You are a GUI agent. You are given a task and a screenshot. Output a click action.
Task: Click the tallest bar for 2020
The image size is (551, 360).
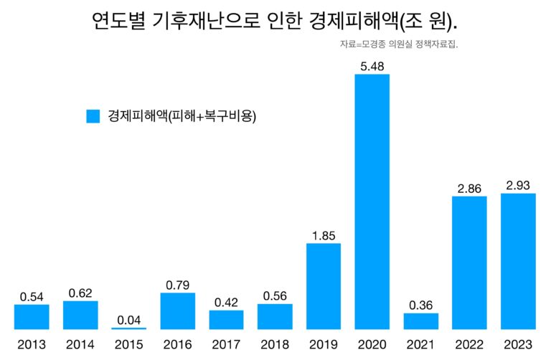pos(372,202)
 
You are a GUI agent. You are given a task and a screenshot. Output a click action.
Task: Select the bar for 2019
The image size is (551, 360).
pos(324,286)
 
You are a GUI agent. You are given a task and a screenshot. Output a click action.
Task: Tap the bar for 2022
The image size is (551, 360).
pos(469,262)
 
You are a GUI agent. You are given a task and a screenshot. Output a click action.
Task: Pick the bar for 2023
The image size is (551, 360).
pos(518,261)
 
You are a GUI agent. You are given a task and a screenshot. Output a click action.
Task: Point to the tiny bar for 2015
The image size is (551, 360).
pos(129,328)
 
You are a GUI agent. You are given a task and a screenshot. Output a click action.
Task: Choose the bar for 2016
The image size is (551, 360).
pos(177,311)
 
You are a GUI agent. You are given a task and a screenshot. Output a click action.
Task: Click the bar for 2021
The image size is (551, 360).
pos(421,321)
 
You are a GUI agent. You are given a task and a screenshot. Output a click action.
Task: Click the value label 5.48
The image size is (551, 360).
pos(372,65)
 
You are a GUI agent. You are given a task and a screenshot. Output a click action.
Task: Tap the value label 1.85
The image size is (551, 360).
pos(324,235)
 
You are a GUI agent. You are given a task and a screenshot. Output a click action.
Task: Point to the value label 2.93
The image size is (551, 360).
pos(518,185)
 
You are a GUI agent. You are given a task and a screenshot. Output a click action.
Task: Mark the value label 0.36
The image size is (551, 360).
pos(421,304)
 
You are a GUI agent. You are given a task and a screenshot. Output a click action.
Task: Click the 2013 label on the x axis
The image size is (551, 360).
pos(32,345)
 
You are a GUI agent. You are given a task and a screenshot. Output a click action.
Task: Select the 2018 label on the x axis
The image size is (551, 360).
pos(275,345)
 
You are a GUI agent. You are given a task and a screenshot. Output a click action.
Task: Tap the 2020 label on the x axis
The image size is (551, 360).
pos(372,345)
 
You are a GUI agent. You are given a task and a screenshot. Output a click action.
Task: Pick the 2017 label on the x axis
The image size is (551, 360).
pos(226,345)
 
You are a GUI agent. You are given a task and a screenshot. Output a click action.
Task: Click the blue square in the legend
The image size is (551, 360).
pos(93,116)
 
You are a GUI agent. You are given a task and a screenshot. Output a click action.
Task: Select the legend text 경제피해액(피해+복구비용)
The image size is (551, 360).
pos(182,116)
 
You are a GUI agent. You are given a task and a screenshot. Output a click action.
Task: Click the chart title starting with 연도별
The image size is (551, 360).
pos(275,22)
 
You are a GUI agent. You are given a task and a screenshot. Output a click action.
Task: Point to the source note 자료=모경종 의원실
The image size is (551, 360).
pos(399,44)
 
